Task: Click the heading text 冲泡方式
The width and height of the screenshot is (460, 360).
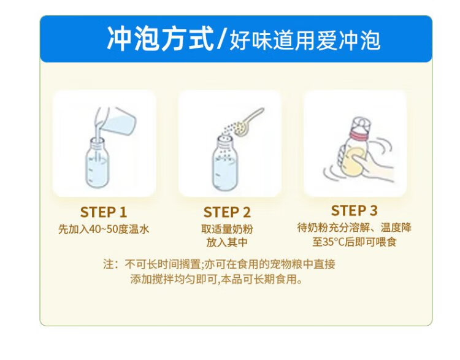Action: [160, 39]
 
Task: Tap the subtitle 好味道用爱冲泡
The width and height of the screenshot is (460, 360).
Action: [305, 40]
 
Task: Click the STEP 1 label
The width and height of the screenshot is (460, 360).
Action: [103, 212]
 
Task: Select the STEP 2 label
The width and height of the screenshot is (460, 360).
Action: [227, 212]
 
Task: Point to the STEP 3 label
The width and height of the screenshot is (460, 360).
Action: [354, 210]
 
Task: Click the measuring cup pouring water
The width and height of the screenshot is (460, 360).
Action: [117, 120]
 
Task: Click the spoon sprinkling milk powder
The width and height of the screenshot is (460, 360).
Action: [250, 121]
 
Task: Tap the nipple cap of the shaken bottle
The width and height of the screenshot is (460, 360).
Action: [361, 124]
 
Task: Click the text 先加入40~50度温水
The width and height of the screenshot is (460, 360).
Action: [104, 229]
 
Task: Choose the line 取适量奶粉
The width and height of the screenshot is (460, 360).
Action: [227, 229]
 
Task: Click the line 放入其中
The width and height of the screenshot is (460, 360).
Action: [227, 243]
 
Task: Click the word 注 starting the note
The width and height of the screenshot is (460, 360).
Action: [108, 264]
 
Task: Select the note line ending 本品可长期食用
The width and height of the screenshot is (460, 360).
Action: [217, 279]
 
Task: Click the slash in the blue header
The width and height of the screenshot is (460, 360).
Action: [221, 39]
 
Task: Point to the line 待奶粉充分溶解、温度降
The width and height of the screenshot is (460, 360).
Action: [354, 228]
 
